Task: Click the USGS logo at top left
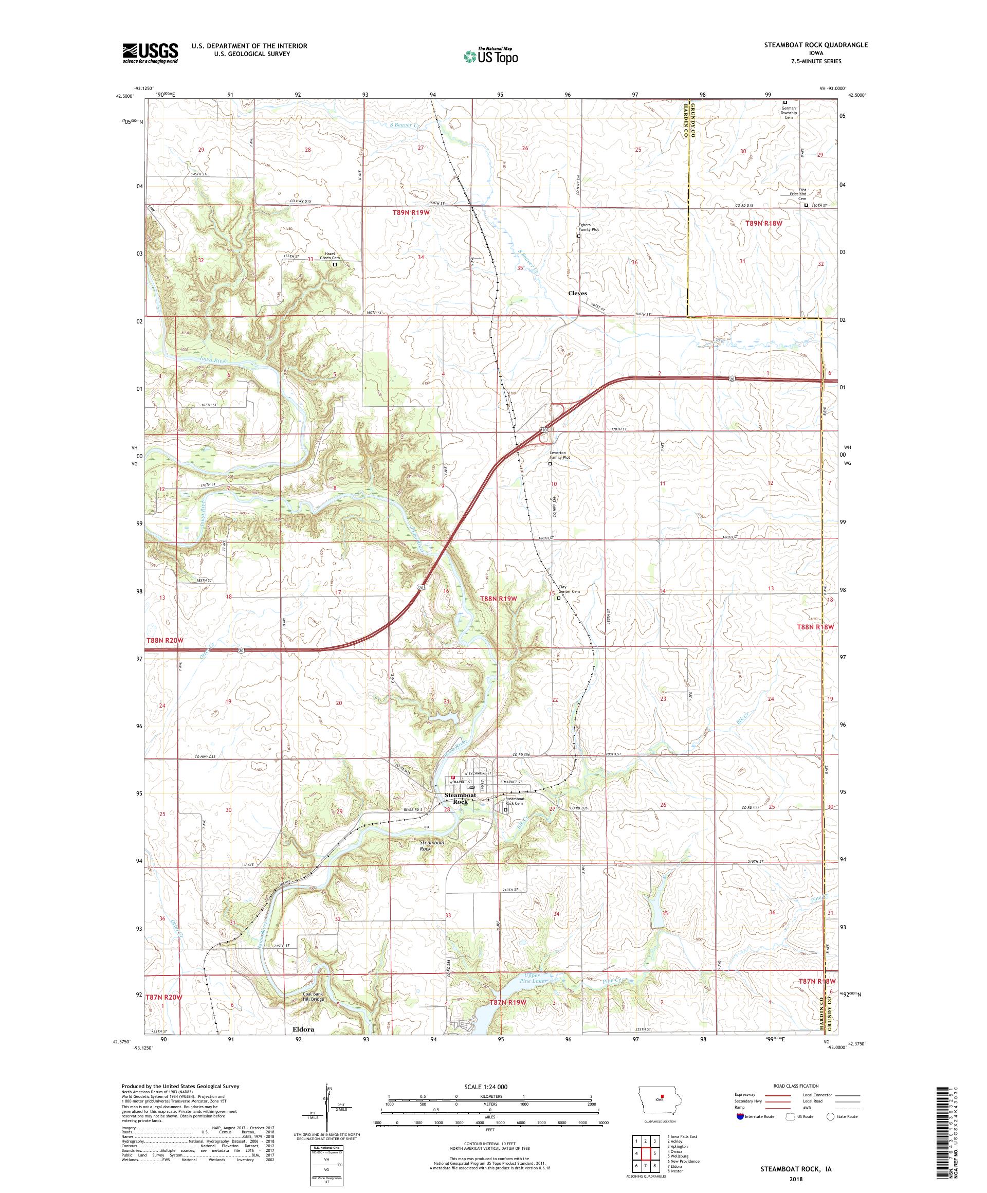pyautogui.click(x=150, y=53)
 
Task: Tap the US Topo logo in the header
pyautogui.click(x=492, y=55)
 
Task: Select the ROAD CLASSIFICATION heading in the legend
pyautogui.click(x=798, y=1086)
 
